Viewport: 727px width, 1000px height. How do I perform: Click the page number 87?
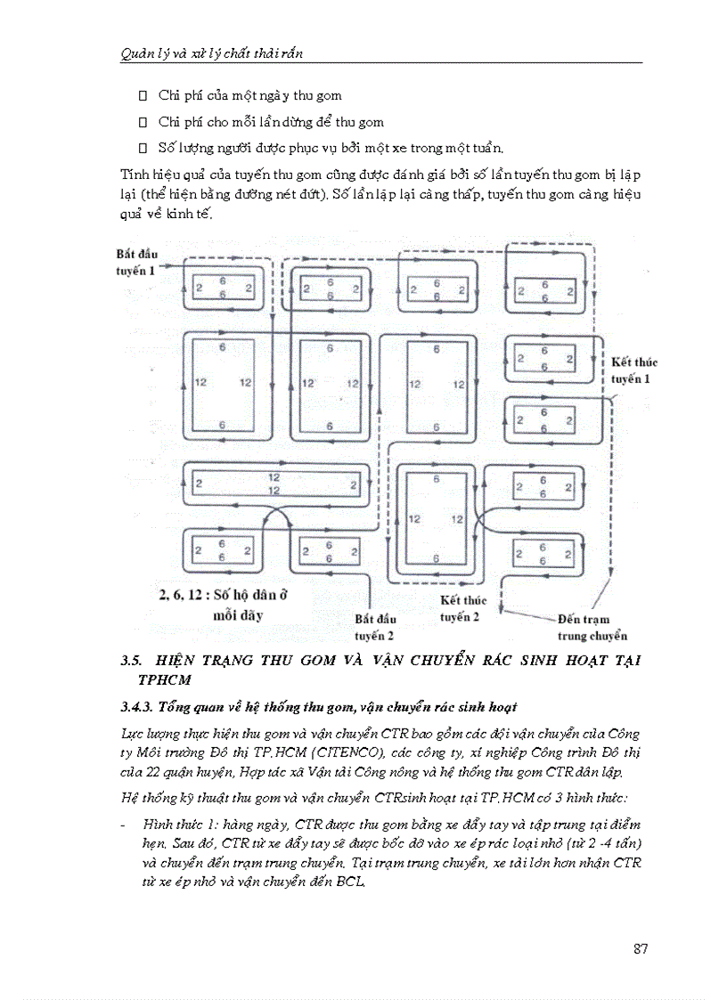640,948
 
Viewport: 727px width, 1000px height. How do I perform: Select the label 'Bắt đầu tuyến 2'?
374,627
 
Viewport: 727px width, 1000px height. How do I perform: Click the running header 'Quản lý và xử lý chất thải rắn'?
212,53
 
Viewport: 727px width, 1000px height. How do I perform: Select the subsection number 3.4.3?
137,708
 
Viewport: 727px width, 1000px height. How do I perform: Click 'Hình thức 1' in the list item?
173,825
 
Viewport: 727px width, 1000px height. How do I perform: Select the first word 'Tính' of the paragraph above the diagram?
133,175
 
